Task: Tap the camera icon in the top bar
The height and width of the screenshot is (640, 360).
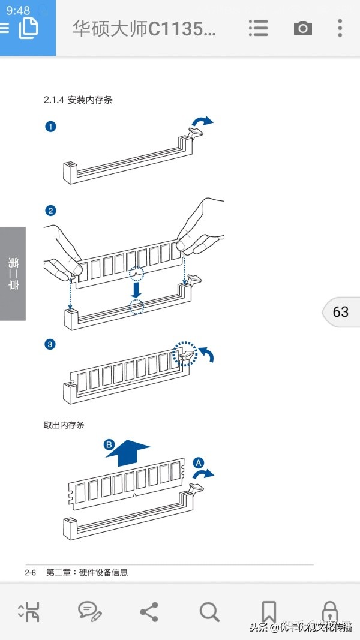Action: pos(303,28)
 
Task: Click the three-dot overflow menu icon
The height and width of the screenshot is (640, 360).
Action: pos(340,28)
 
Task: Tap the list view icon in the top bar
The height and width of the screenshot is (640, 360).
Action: pos(258,28)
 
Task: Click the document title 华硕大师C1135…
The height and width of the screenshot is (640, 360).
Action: pos(144,28)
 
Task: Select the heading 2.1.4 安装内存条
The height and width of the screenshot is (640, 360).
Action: pos(78,100)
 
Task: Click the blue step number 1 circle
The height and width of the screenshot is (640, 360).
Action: pos(51,127)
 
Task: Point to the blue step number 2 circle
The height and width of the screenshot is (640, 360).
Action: pos(51,210)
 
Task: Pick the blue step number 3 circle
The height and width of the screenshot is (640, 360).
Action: pos(51,344)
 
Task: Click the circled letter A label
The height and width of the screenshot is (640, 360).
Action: pos(199,462)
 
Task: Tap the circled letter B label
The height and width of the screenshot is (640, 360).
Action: pos(109,444)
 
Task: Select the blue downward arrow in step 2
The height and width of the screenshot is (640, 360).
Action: pos(137,289)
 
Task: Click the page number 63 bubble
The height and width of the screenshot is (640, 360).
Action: pos(340,312)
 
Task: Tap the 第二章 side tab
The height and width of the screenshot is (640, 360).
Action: pos(13,274)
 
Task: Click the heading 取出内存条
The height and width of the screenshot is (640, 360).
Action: pos(64,425)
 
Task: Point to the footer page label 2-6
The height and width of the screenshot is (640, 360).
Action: pos(31,573)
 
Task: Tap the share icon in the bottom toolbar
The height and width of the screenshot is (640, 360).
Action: pos(149,612)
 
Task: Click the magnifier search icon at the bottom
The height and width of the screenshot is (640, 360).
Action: pos(209,612)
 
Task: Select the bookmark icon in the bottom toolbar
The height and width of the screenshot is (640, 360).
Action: pos(269,612)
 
